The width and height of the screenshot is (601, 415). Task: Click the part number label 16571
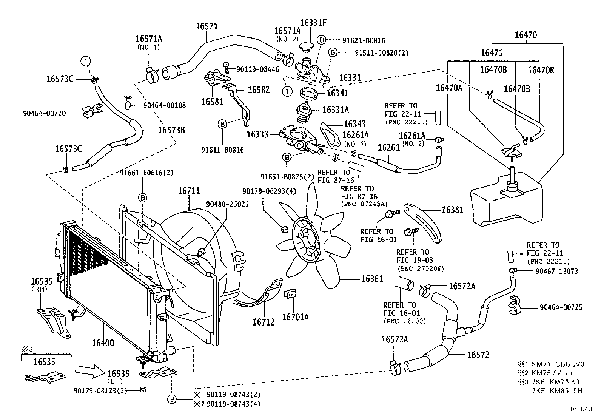pos(206,26)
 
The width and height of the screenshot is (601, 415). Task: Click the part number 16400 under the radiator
pos(103,343)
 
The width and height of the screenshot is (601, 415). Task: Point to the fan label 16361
pos(372,279)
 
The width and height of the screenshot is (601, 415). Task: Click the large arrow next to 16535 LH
pos(89,371)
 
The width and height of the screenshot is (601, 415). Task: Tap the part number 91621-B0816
pos(364,40)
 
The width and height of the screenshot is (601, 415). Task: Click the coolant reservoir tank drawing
pos(506,200)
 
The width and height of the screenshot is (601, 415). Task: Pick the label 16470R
pos(541,70)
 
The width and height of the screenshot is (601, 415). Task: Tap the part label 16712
pos(264,322)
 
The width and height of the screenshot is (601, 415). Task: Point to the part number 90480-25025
pos(227,204)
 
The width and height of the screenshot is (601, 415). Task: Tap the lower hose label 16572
pos(478,355)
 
